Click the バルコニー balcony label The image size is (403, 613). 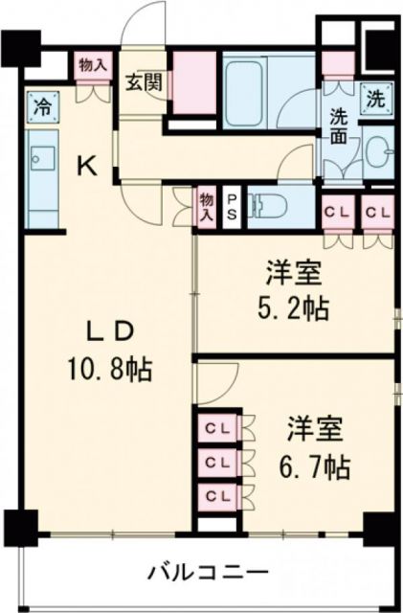click(206, 574)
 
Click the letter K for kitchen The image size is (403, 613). click(86, 167)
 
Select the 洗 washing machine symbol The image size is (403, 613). click(373, 97)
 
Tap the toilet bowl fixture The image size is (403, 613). click(271, 204)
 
